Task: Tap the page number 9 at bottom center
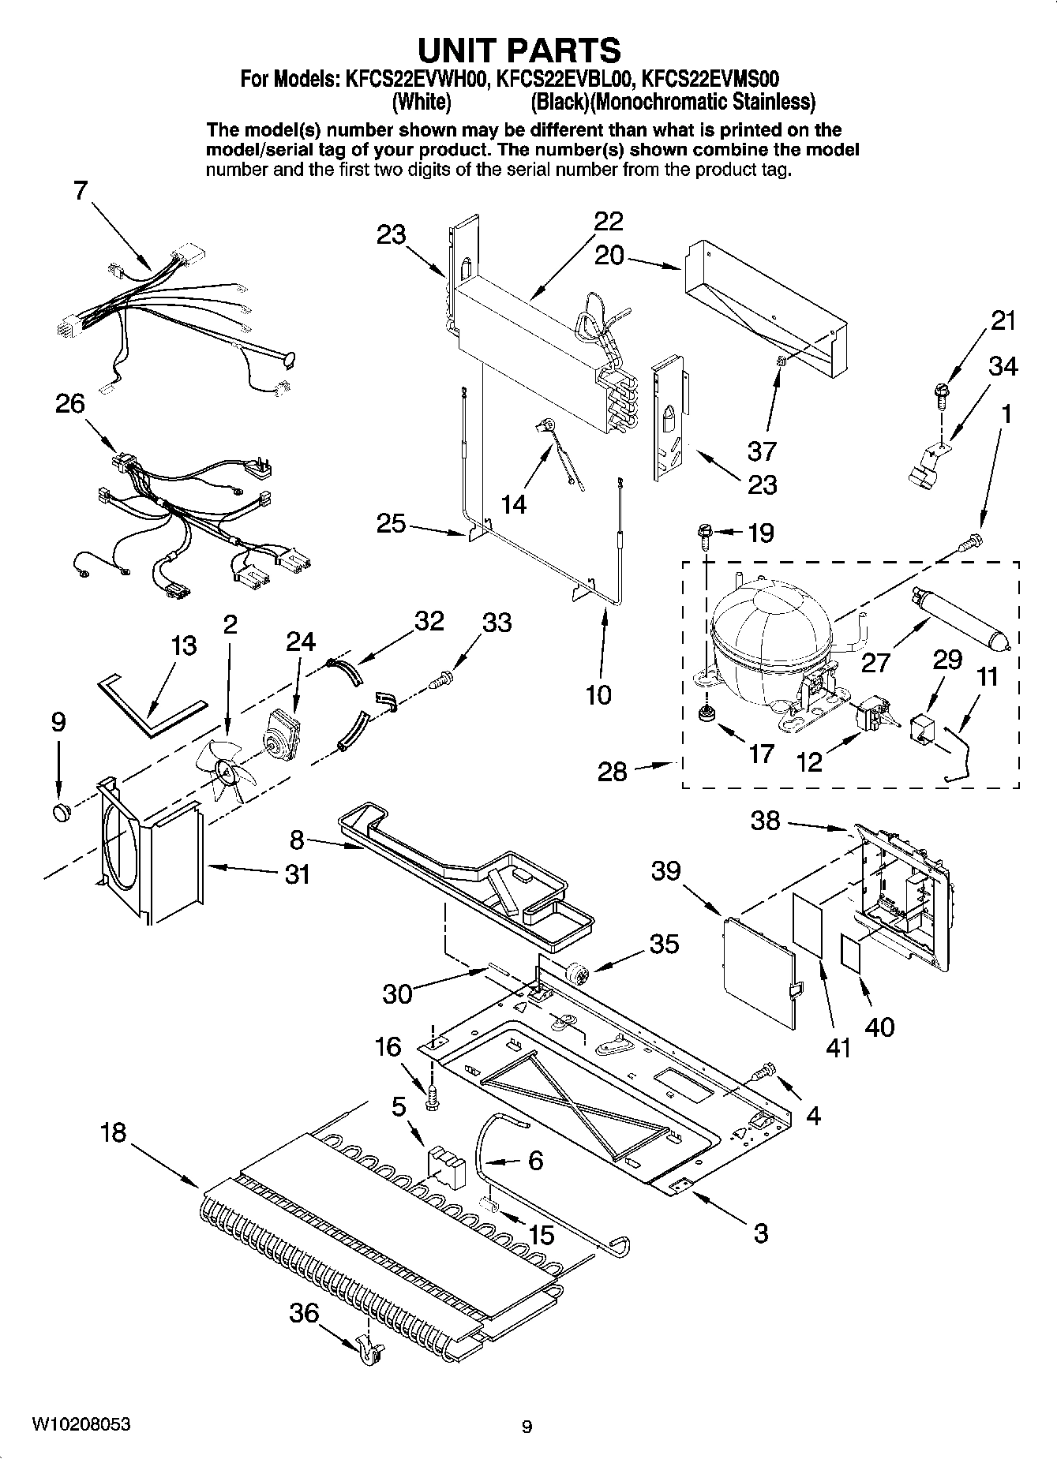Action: (527, 1426)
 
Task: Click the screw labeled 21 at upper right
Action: (941, 392)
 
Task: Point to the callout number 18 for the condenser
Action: (113, 1133)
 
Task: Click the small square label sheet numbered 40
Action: (851, 952)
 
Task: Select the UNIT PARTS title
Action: (519, 50)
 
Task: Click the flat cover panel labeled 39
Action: (758, 971)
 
